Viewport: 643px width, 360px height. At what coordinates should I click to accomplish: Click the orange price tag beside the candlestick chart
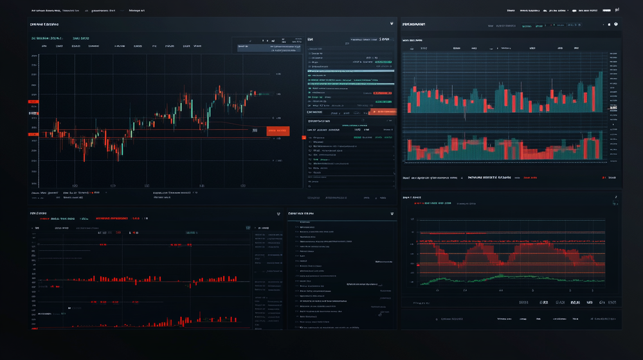tap(278, 130)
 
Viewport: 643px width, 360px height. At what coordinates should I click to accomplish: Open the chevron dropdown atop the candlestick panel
tap(392, 24)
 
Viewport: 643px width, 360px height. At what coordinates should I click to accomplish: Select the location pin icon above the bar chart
tap(615, 24)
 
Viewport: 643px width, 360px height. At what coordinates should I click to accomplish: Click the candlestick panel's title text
tap(44, 24)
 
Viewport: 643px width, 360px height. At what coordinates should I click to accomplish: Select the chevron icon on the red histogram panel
tap(278, 213)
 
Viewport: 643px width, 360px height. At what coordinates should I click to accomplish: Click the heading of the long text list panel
tap(301, 213)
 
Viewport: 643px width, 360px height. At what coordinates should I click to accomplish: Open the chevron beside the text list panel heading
tap(392, 213)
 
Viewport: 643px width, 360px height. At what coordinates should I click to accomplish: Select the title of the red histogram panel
tap(38, 213)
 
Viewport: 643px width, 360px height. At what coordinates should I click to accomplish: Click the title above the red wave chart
tap(412, 197)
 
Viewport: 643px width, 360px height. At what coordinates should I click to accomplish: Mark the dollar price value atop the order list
tap(385, 39)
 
